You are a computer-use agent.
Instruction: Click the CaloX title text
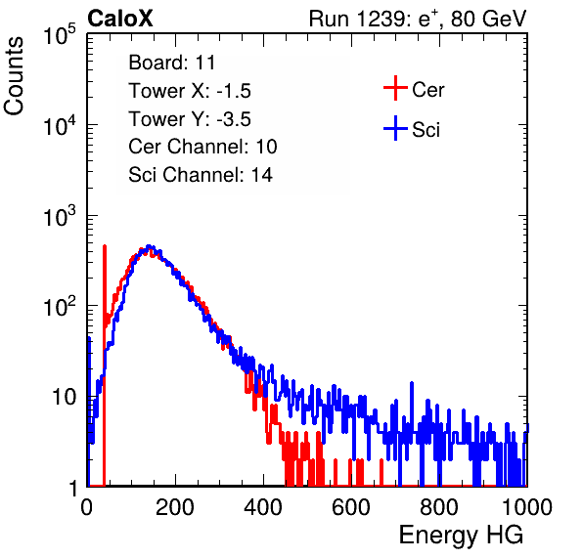click(x=120, y=19)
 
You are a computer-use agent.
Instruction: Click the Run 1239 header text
click(x=418, y=19)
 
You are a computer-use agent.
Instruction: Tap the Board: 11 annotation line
click(x=172, y=62)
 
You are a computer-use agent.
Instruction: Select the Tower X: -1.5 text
click(x=190, y=90)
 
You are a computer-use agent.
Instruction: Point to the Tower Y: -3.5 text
click(x=190, y=119)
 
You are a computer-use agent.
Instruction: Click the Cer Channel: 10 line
click(x=202, y=147)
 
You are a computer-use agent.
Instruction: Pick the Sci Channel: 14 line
click(x=201, y=174)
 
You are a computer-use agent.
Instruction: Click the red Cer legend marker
click(x=395, y=88)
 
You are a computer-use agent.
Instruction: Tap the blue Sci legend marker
click(x=395, y=129)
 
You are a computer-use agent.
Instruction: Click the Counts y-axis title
click(x=14, y=76)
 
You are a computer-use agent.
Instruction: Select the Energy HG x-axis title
click(x=461, y=535)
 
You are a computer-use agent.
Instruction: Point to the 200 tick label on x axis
click(x=175, y=507)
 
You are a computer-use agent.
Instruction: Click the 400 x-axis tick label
click(x=263, y=507)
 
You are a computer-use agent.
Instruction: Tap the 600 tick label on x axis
click(x=351, y=507)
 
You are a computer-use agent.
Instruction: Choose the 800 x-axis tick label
click(x=439, y=507)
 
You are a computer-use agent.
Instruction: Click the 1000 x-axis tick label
click(x=527, y=507)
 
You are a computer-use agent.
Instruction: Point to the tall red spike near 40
click(x=104, y=365)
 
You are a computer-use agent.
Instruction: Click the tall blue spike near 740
click(x=412, y=412)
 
